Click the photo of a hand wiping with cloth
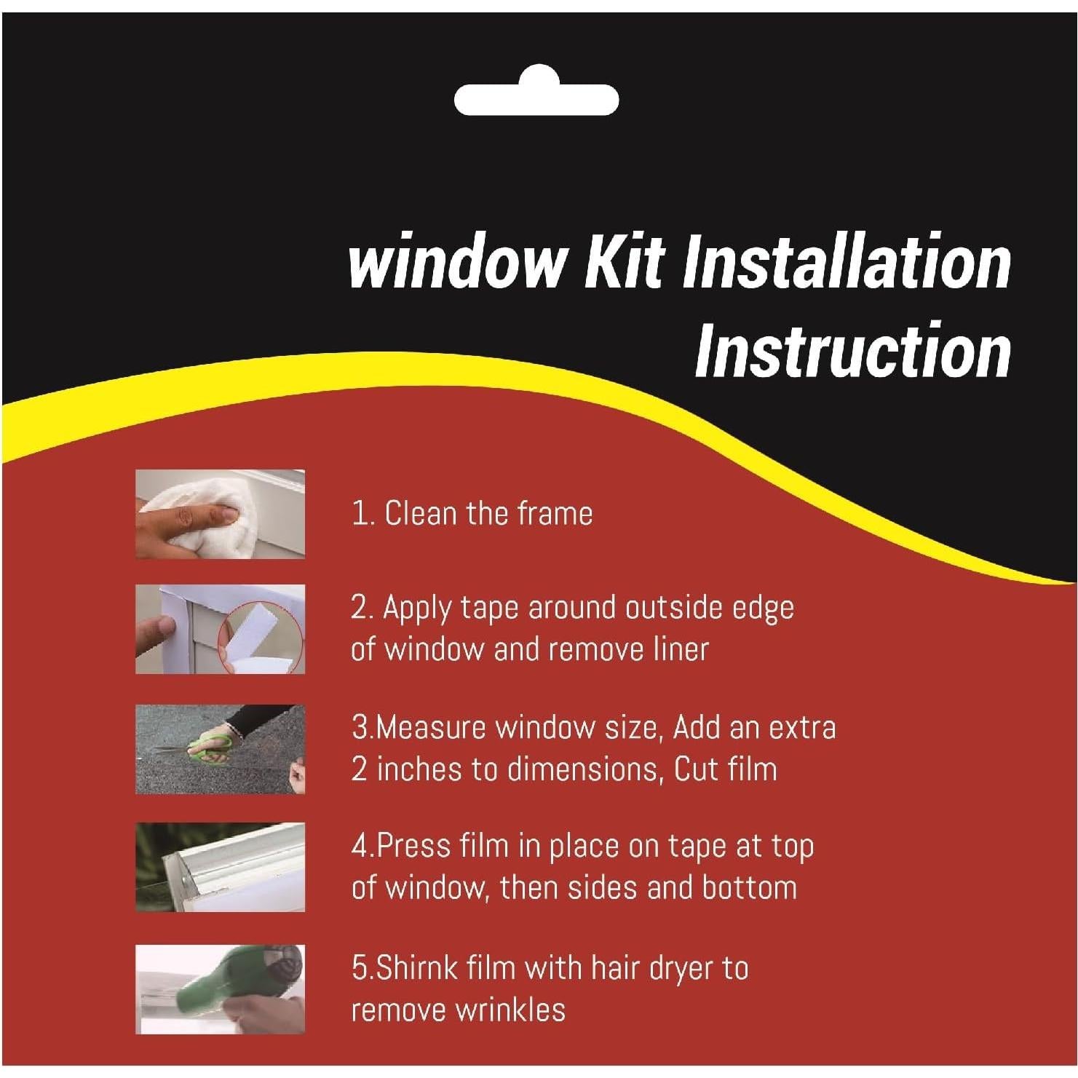220,514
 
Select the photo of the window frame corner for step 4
220,867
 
